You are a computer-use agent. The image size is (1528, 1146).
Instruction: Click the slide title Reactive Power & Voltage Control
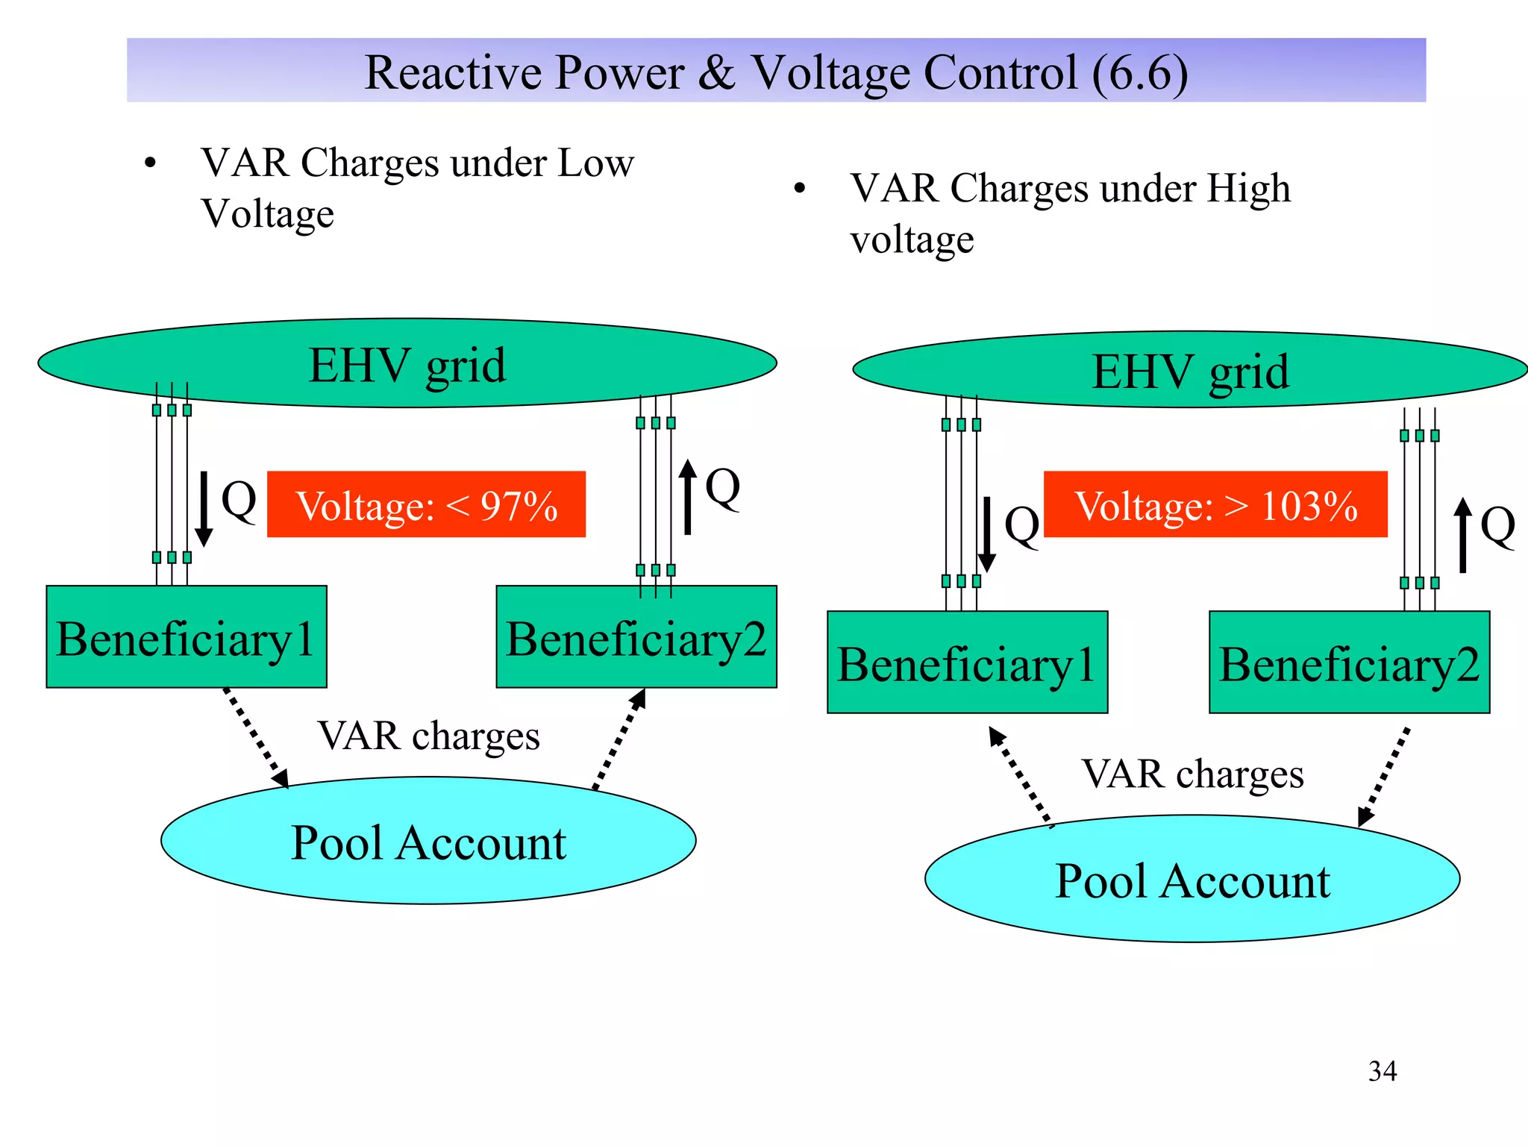pyautogui.click(x=776, y=72)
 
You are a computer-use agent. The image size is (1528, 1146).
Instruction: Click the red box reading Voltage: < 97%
pyautogui.click(x=426, y=504)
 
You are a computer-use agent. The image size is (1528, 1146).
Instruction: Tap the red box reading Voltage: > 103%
pyautogui.click(x=1215, y=504)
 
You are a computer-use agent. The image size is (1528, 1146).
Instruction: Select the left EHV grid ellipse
pyautogui.click(x=407, y=364)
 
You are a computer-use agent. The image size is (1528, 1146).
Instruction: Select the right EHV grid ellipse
pyautogui.click(x=1190, y=370)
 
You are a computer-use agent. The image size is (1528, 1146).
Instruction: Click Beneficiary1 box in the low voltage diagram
pyautogui.click(x=186, y=637)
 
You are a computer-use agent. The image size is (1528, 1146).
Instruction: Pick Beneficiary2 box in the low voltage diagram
pyautogui.click(x=636, y=637)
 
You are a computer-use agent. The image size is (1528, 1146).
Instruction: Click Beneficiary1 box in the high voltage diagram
pyautogui.click(x=967, y=663)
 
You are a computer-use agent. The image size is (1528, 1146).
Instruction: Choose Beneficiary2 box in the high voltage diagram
pyautogui.click(x=1349, y=663)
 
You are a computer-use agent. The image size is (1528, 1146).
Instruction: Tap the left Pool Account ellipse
pyautogui.click(x=428, y=842)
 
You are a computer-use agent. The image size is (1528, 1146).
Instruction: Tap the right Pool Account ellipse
pyautogui.click(x=1192, y=879)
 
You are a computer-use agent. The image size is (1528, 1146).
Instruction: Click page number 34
pyautogui.click(x=1382, y=1071)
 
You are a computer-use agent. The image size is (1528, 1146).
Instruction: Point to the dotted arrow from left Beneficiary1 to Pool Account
pyautogui.click(x=255, y=737)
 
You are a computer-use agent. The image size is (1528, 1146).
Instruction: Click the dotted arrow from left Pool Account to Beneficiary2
pyautogui.click(x=619, y=739)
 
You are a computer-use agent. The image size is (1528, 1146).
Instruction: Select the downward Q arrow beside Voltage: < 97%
pyautogui.click(x=203, y=509)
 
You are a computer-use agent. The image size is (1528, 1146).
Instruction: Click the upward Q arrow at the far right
pyautogui.click(x=1463, y=535)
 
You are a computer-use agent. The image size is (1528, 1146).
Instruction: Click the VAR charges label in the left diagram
pyautogui.click(x=428, y=736)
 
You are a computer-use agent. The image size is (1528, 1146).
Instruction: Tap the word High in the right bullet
pyautogui.click(x=1248, y=188)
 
